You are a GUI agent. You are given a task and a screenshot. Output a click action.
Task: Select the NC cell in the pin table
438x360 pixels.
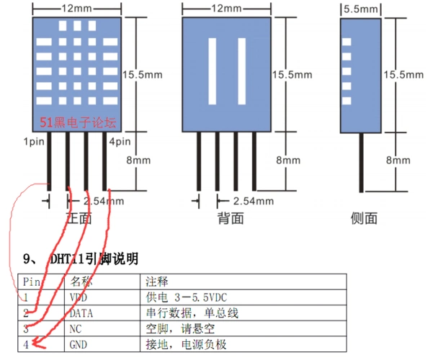coord(76,328)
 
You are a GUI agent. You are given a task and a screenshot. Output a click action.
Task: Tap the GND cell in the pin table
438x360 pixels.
coord(79,344)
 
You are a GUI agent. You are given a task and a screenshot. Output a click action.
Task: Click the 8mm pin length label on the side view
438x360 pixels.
coord(398,161)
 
